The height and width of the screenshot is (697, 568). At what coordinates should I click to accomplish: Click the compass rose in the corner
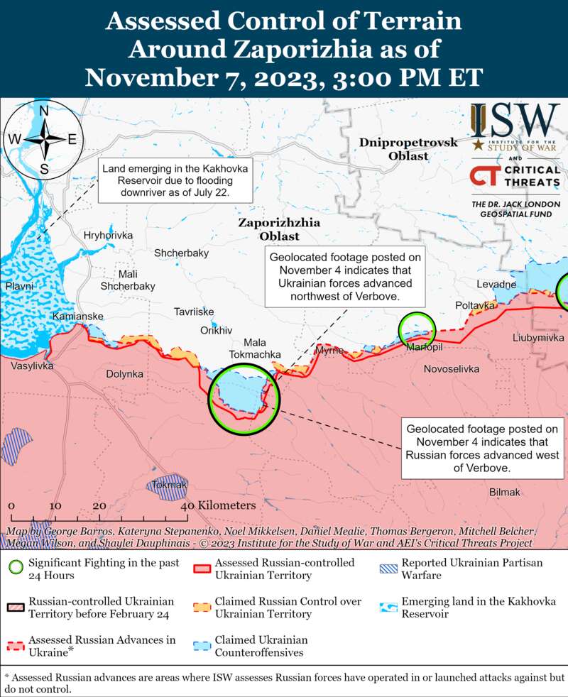(43, 139)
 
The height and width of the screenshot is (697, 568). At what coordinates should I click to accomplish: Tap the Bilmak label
(505, 492)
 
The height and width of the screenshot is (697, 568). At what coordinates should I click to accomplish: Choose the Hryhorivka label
(108, 235)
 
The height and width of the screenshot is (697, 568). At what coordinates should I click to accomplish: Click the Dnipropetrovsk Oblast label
(408, 149)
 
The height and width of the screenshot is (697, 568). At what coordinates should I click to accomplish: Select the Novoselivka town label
(451, 369)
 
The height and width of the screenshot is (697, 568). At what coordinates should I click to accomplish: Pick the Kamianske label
(78, 316)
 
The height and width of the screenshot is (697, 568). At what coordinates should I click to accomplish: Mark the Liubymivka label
(537, 338)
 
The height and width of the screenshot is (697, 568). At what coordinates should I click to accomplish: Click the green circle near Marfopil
(416, 329)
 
